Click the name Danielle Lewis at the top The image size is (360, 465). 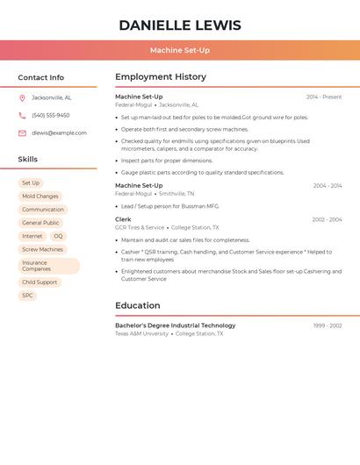pos(179,25)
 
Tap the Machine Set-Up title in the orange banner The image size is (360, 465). pos(179,50)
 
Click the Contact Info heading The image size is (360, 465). pos(40,77)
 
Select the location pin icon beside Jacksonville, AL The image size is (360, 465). pos(22,97)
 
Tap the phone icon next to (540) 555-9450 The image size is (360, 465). pos(22,115)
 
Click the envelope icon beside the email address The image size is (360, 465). pos(22,133)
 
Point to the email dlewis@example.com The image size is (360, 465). pos(59,133)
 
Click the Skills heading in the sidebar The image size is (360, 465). pos(28,160)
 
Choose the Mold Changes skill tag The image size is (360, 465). pos(40,197)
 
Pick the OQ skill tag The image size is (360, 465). pos(58,236)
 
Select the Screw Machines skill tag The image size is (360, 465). pos(42,249)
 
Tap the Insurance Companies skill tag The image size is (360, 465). pos(48,266)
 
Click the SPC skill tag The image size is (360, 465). pos(27,296)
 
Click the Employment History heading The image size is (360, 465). pos(161,77)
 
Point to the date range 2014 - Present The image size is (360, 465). pos(324,97)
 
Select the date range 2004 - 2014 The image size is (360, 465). pos(328,186)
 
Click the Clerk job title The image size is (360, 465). pos(123,219)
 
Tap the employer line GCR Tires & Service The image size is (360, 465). pos(140,228)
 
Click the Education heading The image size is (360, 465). pos(138,305)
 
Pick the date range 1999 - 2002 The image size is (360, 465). pos(328,325)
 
